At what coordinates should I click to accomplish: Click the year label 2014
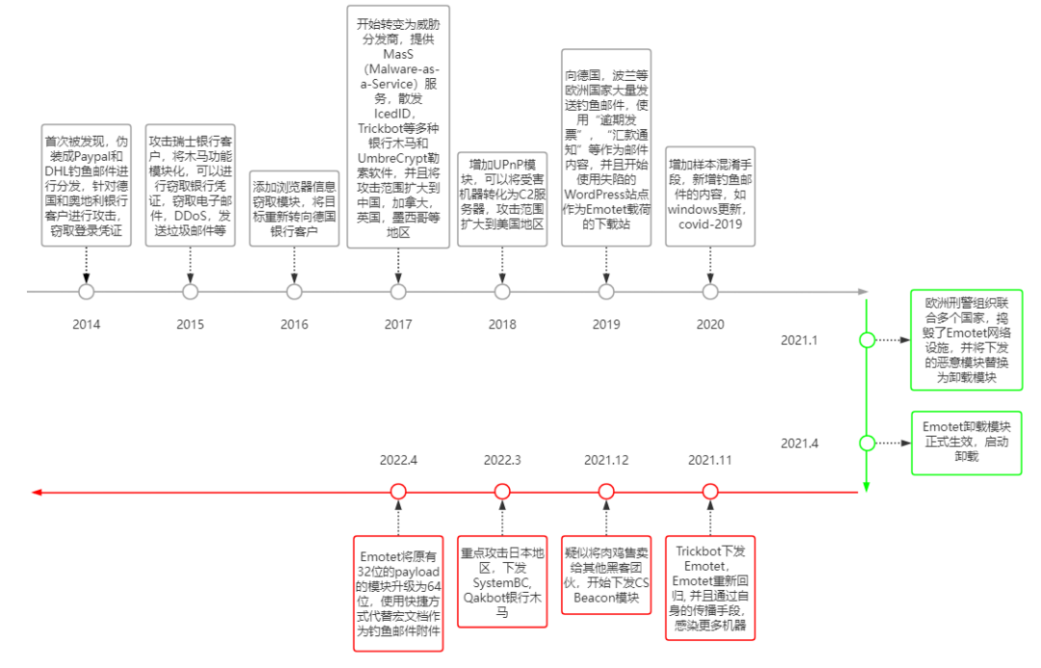(86, 324)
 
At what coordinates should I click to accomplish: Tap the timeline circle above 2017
(398, 291)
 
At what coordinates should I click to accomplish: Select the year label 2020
(710, 324)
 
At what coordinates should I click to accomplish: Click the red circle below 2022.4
(398, 492)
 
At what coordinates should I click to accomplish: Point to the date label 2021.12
(606, 460)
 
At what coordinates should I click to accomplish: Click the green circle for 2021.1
(867, 340)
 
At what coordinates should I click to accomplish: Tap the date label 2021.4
(799, 443)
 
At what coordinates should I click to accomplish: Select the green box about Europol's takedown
(967, 339)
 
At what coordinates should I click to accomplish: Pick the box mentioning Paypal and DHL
(86, 184)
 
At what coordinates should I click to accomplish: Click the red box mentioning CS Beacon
(606, 575)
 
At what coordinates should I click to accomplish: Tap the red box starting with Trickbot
(710, 588)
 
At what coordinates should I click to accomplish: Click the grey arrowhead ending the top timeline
(863, 291)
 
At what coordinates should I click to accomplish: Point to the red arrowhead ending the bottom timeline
(37, 492)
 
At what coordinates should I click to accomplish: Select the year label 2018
(502, 324)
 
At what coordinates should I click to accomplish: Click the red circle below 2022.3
(502, 492)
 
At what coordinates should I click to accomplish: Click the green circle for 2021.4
(867, 443)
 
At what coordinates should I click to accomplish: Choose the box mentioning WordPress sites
(606, 147)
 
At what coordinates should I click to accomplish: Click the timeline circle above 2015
(190, 291)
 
